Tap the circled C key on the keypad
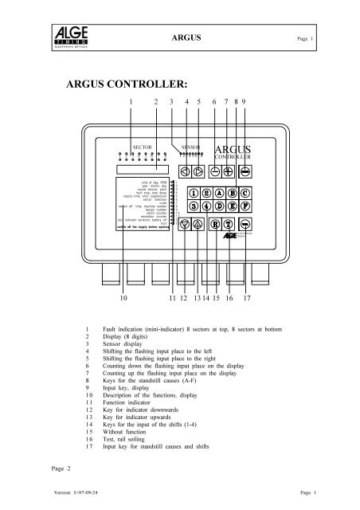tap(245, 193)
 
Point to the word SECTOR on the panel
tap(141, 147)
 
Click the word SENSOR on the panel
tap(190, 147)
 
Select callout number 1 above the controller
tap(130, 103)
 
